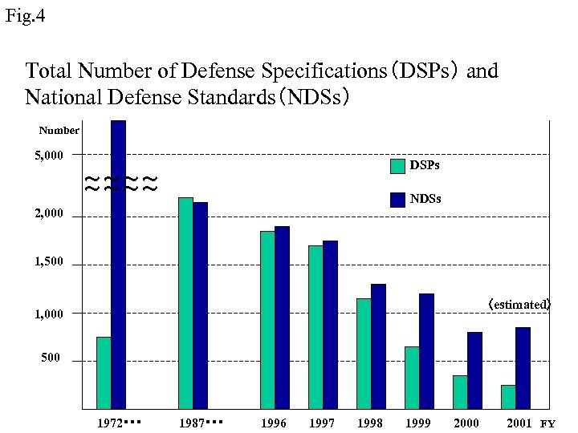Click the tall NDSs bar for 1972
click(x=118, y=265)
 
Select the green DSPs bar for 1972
click(x=104, y=373)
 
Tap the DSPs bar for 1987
click(x=185, y=303)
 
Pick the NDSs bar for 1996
click(x=282, y=318)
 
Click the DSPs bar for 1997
click(x=315, y=327)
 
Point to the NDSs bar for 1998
click(x=378, y=346)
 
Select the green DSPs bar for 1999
click(x=412, y=378)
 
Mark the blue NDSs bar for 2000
click(x=474, y=370)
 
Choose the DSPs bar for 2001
click(x=508, y=397)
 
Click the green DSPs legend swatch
click(x=397, y=166)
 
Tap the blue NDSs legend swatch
click(x=397, y=200)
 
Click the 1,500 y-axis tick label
click(x=48, y=263)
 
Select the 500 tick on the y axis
click(x=51, y=358)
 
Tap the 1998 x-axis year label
click(x=370, y=423)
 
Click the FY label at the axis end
click(x=547, y=423)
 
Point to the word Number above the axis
click(x=59, y=130)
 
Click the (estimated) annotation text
click(x=519, y=305)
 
